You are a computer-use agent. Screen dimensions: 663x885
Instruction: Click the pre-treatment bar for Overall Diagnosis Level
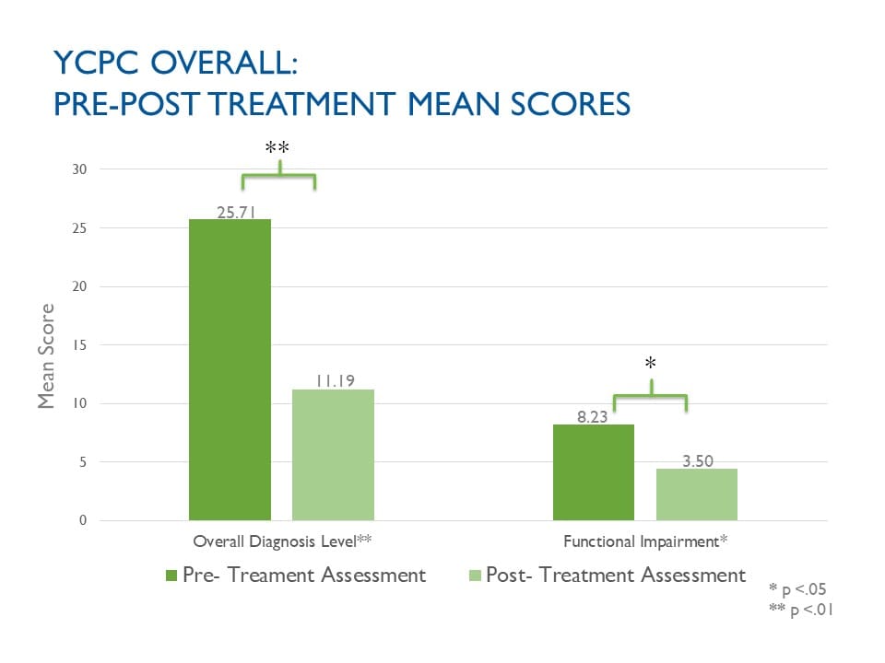pyautogui.click(x=230, y=369)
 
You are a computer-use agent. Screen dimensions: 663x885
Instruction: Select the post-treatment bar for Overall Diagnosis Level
pyautogui.click(x=333, y=455)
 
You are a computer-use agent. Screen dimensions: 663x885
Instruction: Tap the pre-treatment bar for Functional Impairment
pyautogui.click(x=593, y=472)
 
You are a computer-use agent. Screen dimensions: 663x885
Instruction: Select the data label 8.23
pyautogui.click(x=594, y=416)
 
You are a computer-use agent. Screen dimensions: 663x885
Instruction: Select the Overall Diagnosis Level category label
pyautogui.click(x=281, y=541)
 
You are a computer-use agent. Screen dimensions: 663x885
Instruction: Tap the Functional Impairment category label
pyautogui.click(x=645, y=541)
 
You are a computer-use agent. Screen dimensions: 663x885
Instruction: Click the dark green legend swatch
pyautogui.click(x=171, y=576)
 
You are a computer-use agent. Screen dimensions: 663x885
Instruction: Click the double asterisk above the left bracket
pyautogui.click(x=277, y=148)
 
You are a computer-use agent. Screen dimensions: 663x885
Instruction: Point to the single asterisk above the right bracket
pyautogui.click(x=650, y=365)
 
